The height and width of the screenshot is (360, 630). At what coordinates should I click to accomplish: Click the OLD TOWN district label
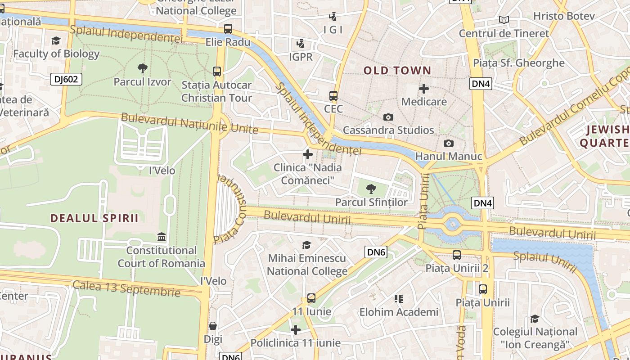point(397,70)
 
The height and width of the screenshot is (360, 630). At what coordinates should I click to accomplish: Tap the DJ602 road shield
point(66,80)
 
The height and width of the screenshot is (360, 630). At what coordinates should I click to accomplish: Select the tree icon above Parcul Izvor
point(143,68)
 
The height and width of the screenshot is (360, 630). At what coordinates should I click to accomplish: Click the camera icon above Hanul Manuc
point(449,143)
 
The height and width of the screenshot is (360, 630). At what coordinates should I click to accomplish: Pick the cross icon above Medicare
point(424,89)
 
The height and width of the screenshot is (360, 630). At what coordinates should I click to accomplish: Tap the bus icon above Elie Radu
point(228,29)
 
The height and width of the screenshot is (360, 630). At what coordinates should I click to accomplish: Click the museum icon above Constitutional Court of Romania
point(161,237)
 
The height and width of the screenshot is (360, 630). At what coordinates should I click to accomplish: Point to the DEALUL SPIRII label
point(94,218)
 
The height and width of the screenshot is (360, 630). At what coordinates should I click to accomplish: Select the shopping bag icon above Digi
point(213,325)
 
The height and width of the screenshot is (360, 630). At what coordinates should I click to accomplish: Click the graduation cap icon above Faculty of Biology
point(56,41)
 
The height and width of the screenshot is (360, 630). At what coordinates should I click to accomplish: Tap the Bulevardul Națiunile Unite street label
point(189,124)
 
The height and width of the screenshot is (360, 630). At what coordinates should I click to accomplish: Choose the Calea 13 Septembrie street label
point(126,288)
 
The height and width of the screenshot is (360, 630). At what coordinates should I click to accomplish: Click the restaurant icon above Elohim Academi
point(398,298)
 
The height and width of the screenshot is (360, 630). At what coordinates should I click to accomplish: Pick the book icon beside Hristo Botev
point(504,20)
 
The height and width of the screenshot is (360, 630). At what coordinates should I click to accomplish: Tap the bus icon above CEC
point(333,95)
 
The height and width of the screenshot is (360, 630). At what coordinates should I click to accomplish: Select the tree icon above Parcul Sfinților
point(371,189)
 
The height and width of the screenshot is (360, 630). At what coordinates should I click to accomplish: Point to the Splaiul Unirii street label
point(545,262)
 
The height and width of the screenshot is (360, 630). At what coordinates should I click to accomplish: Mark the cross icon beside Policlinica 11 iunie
point(296,330)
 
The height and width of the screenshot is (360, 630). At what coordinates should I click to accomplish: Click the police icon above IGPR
point(301,44)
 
